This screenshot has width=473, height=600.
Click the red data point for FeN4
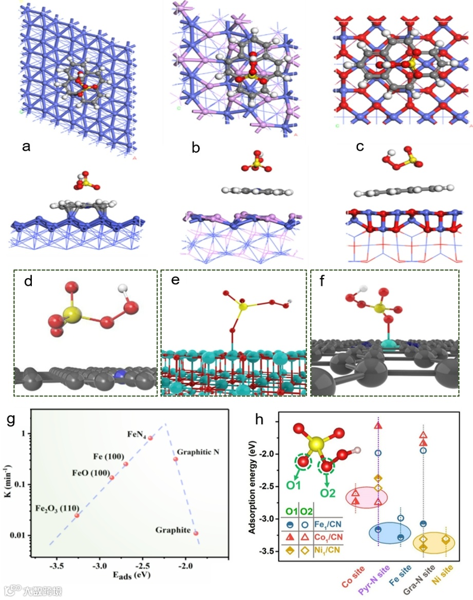150,438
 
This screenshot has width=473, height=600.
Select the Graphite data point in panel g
196,533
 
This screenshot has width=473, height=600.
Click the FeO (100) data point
112,478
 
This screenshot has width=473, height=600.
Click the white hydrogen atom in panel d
122,290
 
